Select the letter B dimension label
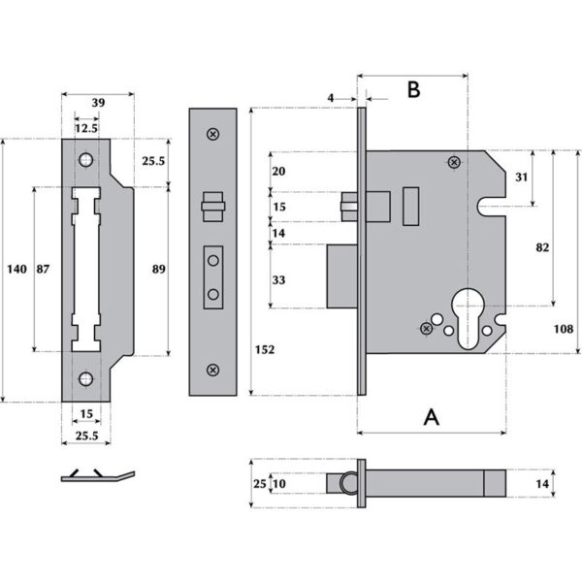click(x=412, y=89)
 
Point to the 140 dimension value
click(x=16, y=269)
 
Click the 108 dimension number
click(x=562, y=330)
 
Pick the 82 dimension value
click(x=542, y=247)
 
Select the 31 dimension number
click(x=522, y=178)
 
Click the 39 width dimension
click(x=97, y=103)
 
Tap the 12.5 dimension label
click(x=86, y=127)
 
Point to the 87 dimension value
click(x=45, y=269)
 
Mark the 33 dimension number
click(x=280, y=279)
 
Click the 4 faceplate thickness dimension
click(x=331, y=97)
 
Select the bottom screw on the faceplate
click(x=212, y=370)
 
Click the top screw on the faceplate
click(x=212, y=134)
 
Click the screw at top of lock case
click(x=453, y=163)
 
